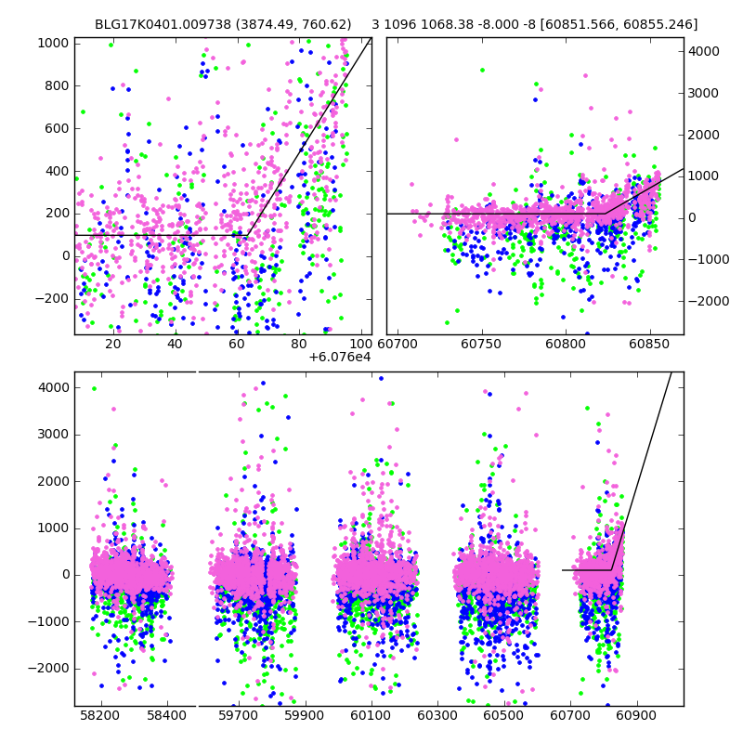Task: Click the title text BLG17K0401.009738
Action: click(x=157, y=24)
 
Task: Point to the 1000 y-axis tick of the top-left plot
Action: click(x=52, y=43)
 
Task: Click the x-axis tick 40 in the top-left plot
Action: click(x=175, y=345)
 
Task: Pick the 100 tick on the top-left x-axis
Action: click(x=360, y=345)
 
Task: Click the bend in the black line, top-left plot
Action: click(x=246, y=235)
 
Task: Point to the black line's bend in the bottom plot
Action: click(x=610, y=569)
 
